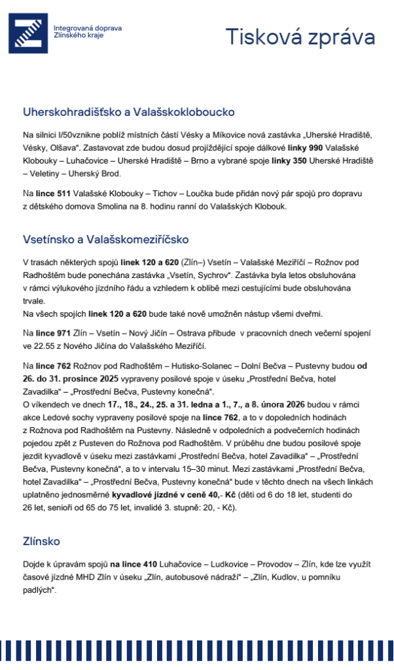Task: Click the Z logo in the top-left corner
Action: (x=28, y=33)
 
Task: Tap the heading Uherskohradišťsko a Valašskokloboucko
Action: (x=128, y=112)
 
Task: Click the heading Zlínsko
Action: (x=41, y=541)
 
